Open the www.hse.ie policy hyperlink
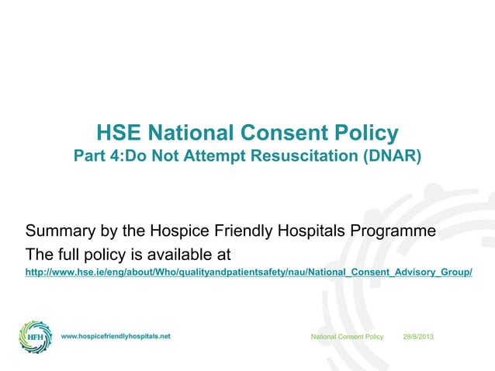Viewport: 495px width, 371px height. tap(248, 273)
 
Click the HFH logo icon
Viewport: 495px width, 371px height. tap(36, 338)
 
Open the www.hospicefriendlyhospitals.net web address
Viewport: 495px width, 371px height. tap(116, 337)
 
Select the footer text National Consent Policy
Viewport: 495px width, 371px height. tap(347, 337)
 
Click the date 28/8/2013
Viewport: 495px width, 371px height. tap(419, 337)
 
